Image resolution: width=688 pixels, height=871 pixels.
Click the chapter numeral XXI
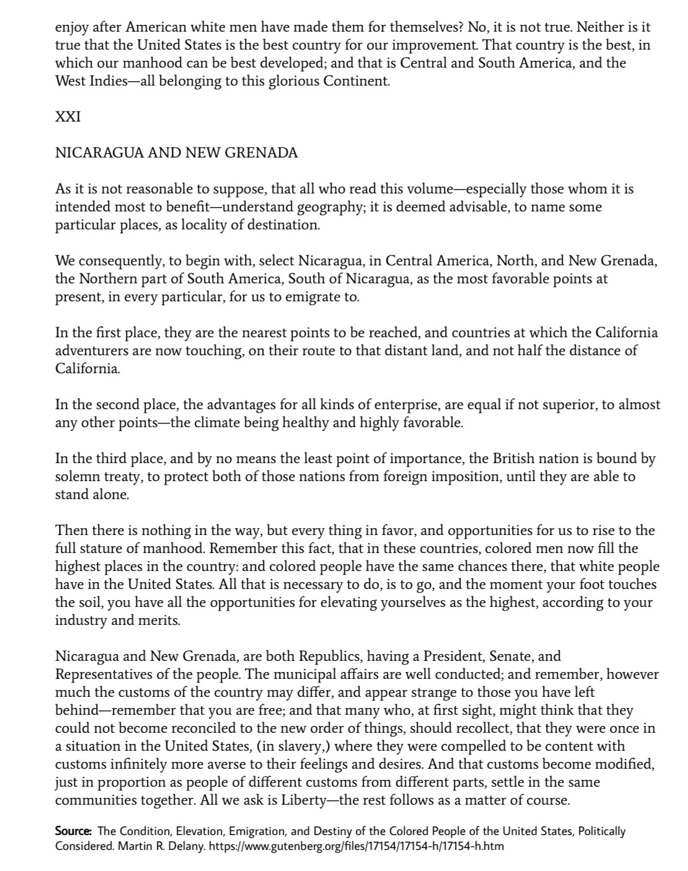pyautogui.click(x=68, y=117)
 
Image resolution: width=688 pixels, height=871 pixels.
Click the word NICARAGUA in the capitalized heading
pyautogui.click(x=99, y=153)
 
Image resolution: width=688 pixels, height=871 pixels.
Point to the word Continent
pyautogui.click(x=359, y=81)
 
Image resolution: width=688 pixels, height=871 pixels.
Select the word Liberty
pyautogui.click(x=302, y=800)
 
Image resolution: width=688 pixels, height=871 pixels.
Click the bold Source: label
pyautogui.click(x=74, y=831)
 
